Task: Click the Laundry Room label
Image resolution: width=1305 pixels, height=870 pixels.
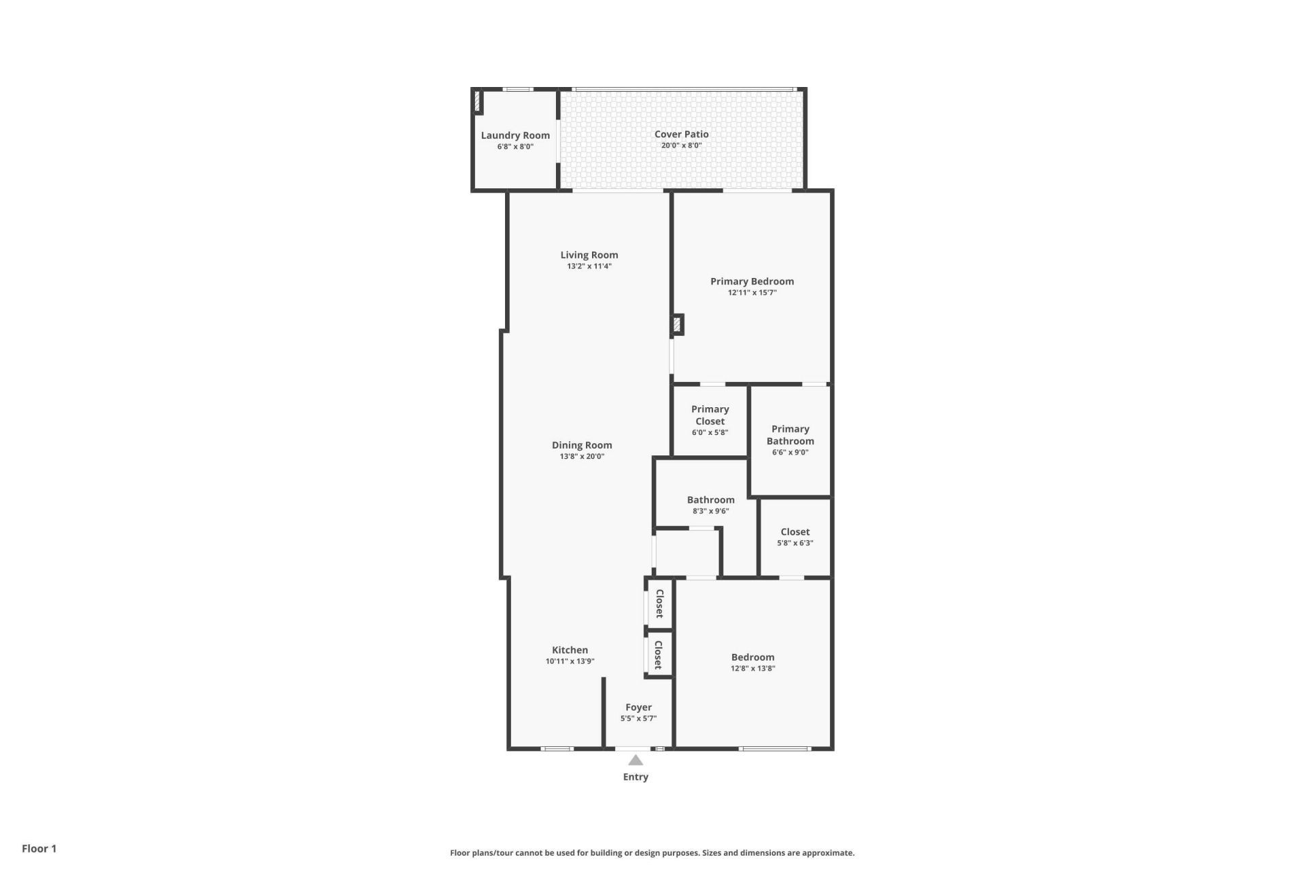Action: [515, 135]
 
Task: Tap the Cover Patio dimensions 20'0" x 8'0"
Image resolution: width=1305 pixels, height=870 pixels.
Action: [681, 145]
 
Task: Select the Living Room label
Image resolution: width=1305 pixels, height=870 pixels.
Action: [589, 255]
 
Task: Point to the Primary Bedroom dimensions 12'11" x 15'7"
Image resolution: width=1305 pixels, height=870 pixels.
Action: [752, 293]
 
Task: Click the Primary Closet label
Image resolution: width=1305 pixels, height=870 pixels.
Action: [710, 415]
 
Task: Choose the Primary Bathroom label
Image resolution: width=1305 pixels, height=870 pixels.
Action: [790, 435]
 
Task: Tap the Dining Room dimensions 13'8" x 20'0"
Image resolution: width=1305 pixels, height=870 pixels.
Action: [582, 457]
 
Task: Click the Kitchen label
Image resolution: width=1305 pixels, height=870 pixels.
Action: [570, 650]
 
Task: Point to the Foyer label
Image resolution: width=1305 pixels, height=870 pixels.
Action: [638, 708]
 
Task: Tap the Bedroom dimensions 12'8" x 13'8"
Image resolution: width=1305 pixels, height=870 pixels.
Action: [752, 668]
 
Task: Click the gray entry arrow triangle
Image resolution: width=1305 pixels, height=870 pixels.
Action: [636, 760]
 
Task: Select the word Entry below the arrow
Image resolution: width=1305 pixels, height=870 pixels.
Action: [636, 777]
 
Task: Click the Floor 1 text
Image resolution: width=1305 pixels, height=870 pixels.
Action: [39, 848]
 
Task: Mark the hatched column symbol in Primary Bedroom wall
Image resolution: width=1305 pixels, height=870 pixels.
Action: [677, 324]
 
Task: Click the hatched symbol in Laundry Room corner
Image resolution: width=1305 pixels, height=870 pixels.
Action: [478, 101]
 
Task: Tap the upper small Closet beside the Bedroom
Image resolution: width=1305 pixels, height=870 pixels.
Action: [659, 603]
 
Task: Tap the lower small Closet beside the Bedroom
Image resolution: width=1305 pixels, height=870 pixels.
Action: [658, 655]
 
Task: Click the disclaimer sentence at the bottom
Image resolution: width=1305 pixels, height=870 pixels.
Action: [652, 853]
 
